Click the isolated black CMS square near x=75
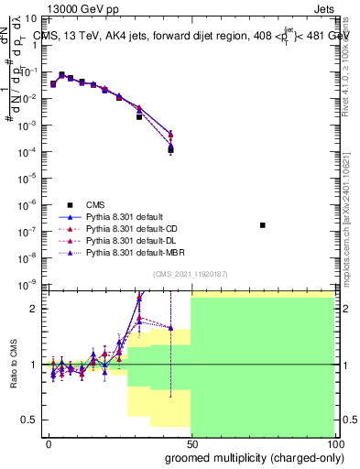pos(263,224)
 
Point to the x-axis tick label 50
pos(191,443)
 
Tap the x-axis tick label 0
pos(49,443)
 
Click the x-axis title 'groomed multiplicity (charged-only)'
pos(248,457)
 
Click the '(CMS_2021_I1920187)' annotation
pos(191,274)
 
